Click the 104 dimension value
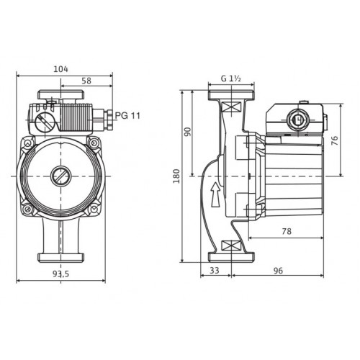click(x=60, y=69)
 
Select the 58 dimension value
click(x=86, y=81)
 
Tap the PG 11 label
click(x=127, y=116)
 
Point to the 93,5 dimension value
click(x=60, y=274)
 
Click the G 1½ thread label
click(x=231, y=78)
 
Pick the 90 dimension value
click(x=188, y=132)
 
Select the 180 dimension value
click(x=176, y=176)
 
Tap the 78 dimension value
click(x=287, y=231)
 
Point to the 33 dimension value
click(x=215, y=271)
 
